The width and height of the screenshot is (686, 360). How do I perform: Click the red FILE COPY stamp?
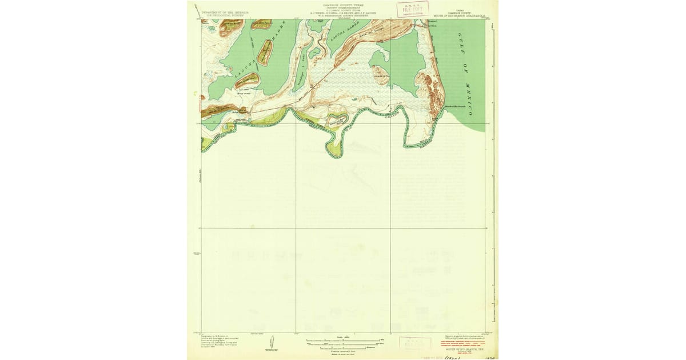[413, 9]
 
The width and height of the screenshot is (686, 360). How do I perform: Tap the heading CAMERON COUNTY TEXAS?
[343, 3]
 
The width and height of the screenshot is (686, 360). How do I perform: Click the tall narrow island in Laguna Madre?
[265, 52]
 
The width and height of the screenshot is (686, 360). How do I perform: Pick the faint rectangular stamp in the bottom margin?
[415, 343]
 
